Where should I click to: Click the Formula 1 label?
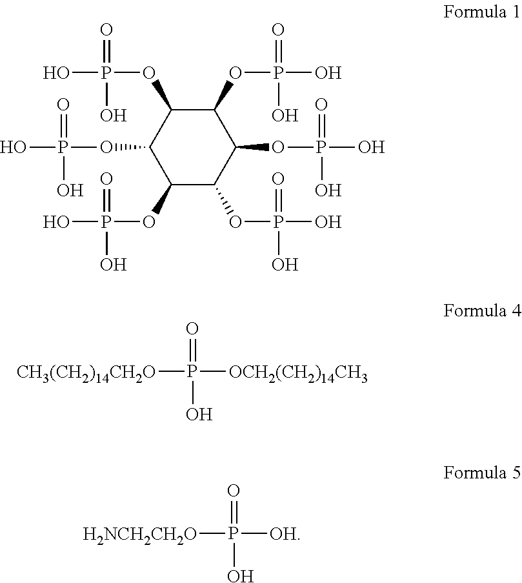click(481, 13)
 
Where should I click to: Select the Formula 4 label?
click(481, 311)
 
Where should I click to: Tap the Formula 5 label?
click(481, 473)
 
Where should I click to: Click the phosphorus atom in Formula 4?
click(192, 373)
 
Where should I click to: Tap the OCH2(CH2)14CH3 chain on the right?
click(298, 374)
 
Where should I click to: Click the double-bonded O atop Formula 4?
click(192, 331)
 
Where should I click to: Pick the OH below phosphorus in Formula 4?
click(198, 414)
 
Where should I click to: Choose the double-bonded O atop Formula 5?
click(234, 492)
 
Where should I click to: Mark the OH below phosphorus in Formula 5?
click(240, 576)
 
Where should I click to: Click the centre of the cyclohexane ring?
click(193, 148)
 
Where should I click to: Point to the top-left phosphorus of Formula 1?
click(106, 72)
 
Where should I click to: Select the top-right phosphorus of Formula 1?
click(278, 72)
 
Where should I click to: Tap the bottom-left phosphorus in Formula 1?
click(106, 223)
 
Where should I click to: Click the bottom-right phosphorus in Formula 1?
click(278, 223)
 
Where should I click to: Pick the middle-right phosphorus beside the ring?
click(321, 148)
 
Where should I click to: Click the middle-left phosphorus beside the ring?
click(63, 148)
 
